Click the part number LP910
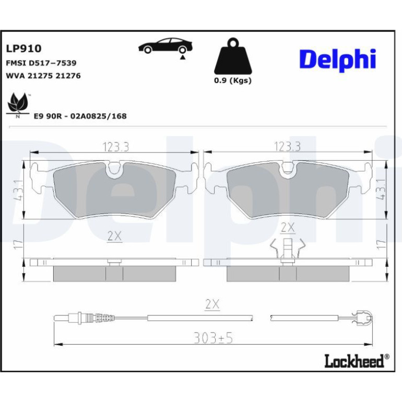23,49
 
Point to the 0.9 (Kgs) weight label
233,80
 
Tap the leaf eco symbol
18,105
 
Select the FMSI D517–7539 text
41,63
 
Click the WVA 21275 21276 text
43,76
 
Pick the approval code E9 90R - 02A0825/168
80,116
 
